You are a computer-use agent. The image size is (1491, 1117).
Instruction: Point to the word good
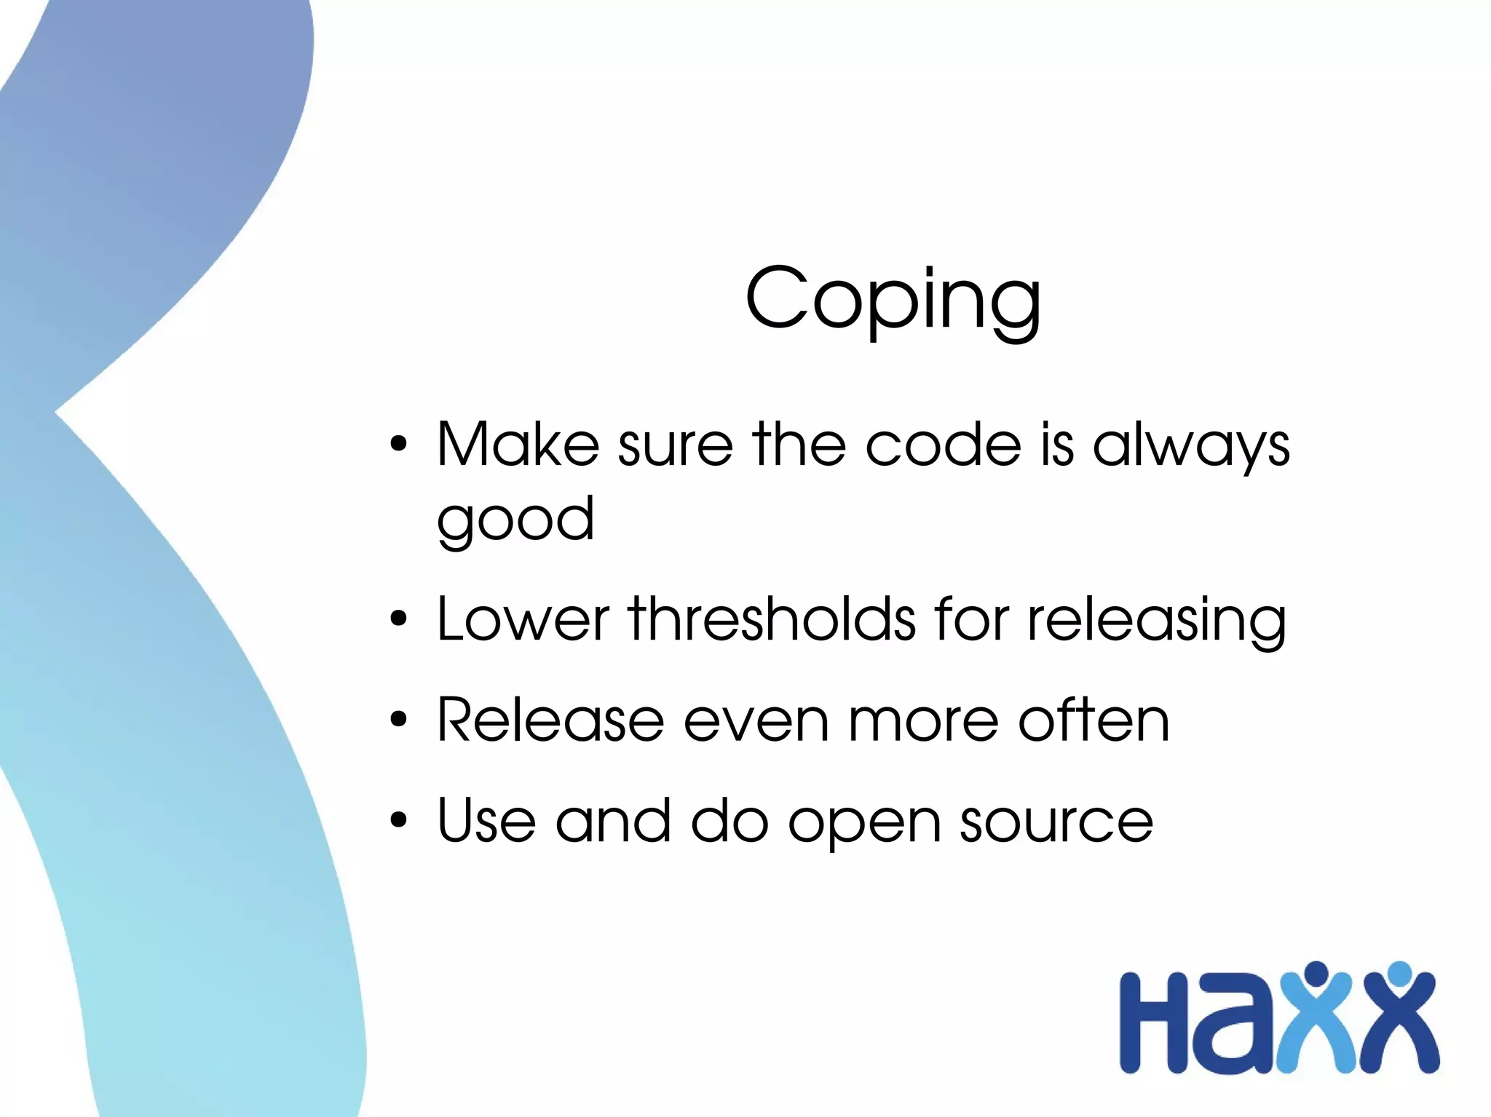point(515,521)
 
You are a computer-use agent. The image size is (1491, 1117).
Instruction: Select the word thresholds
point(772,619)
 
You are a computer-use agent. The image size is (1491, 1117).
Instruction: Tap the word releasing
point(1156,621)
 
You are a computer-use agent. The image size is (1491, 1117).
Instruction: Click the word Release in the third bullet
point(550,720)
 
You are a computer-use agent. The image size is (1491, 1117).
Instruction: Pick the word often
point(1093,720)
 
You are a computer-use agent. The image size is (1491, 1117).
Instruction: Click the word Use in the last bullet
point(486,821)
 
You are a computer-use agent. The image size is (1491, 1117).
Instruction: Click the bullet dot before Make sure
point(398,444)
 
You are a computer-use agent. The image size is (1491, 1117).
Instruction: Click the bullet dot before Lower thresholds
point(398,619)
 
